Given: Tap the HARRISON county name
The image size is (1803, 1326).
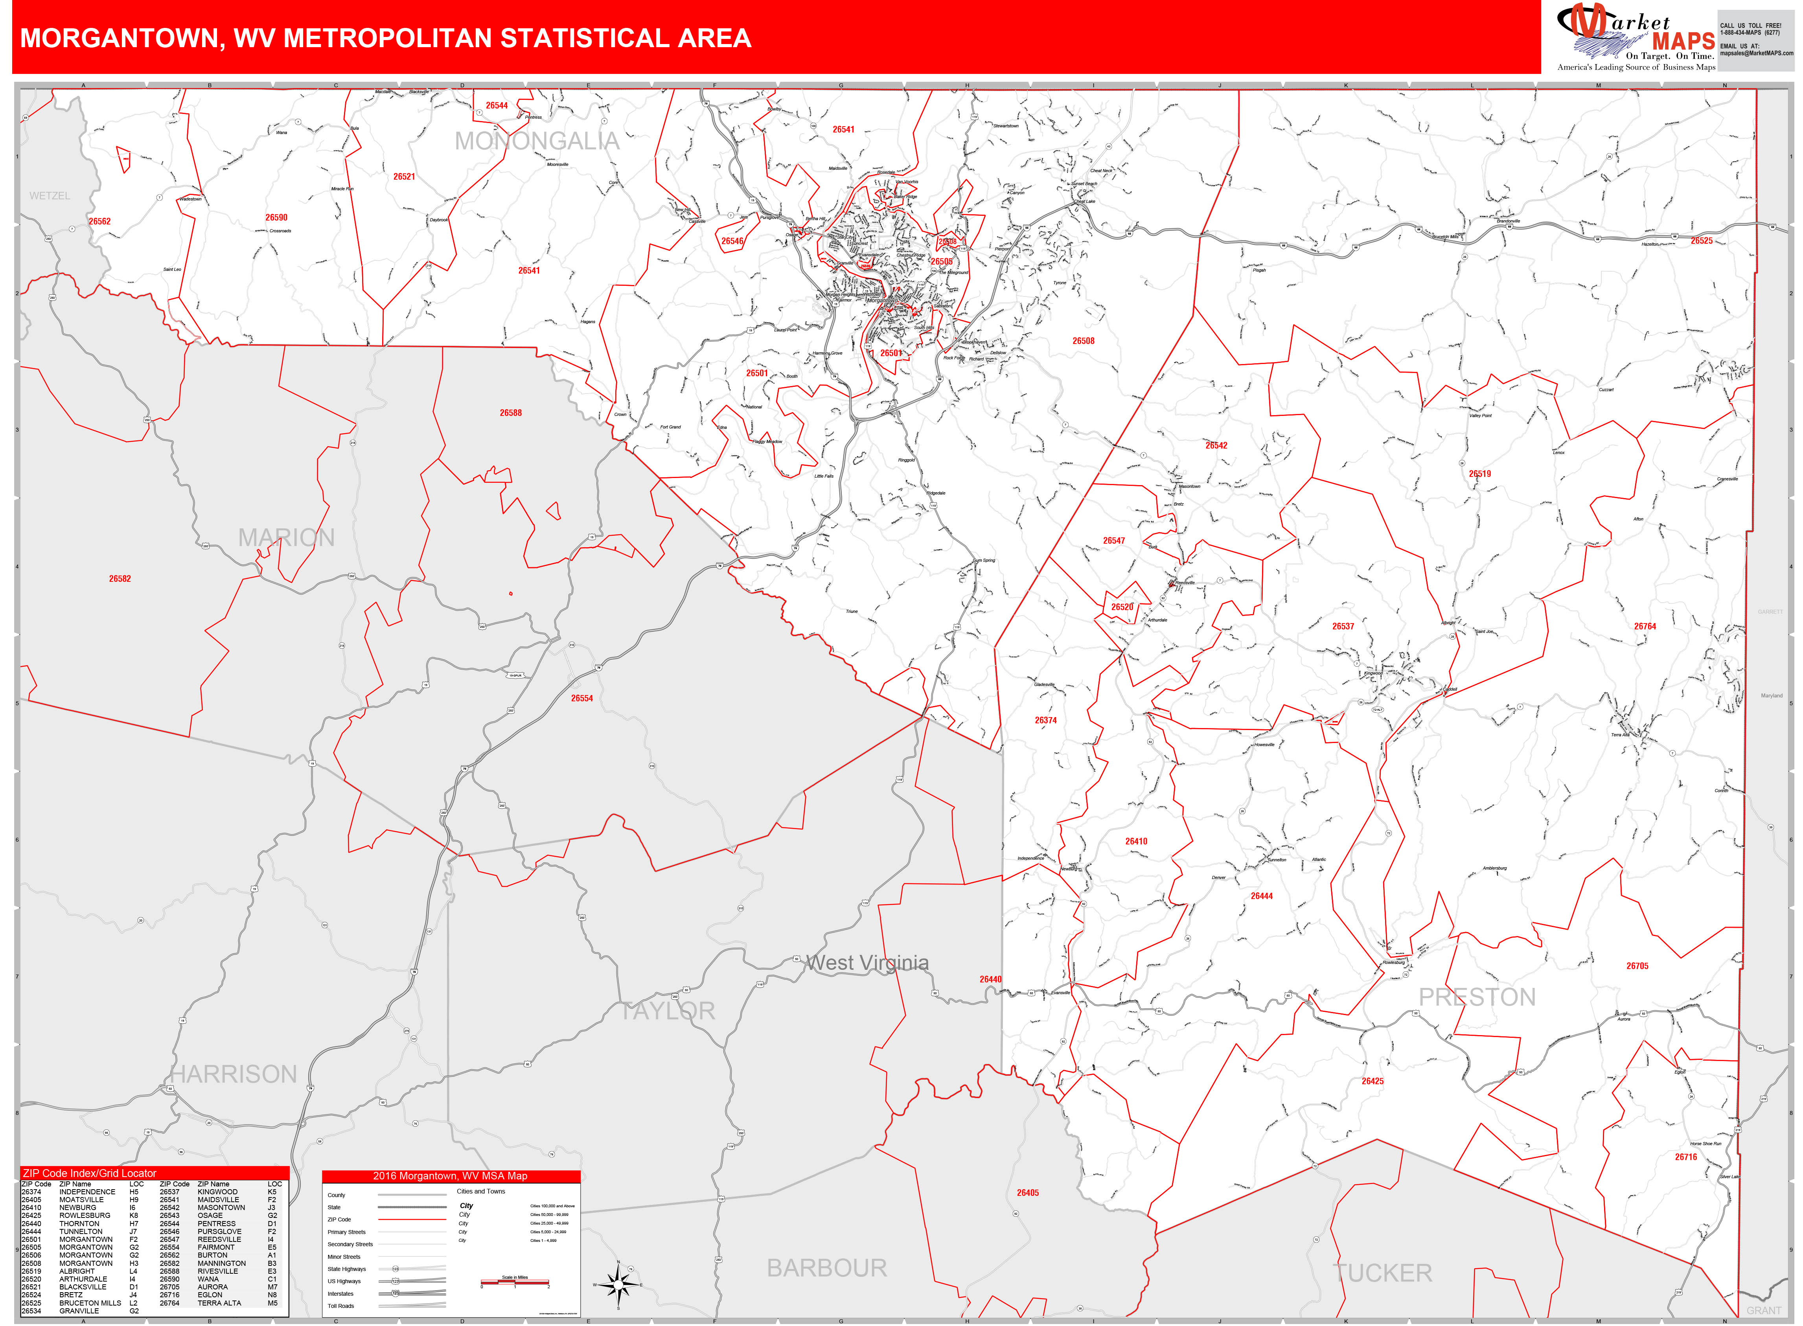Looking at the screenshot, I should click(234, 1074).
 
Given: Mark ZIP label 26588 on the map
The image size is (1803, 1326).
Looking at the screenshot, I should click(511, 412).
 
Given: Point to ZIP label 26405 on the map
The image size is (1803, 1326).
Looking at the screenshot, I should click(1028, 1193).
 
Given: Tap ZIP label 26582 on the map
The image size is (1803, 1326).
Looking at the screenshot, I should click(120, 579).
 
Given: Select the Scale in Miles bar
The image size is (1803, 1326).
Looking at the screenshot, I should click(515, 1282).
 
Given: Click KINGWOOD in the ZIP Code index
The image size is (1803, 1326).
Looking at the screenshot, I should click(217, 1192).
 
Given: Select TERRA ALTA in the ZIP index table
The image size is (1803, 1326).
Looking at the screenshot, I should click(219, 1303).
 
